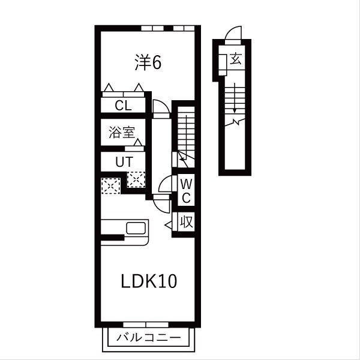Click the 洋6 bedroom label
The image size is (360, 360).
[x=148, y=62]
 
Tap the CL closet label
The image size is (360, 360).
[x=123, y=106]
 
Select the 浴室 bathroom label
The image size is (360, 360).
[x=122, y=133]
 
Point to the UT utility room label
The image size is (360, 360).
[x=124, y=162]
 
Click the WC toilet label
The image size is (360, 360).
[x=186, y=191]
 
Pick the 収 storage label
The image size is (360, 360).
[x=186, y=222]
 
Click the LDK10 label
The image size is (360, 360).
[x=149, y=281]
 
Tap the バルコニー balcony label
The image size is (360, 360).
[x=149, y=337]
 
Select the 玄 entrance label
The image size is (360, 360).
[x=236, y=58]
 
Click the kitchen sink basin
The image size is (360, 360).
[x=136, y=228]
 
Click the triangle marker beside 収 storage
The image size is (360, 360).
[x=169, y=225]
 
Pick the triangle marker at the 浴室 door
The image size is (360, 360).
[x=138, y=142]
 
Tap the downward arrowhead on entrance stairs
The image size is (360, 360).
[x=235, y=110]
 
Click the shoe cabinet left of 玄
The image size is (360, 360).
[x=223, y=65]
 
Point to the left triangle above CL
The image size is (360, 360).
[x=109, y=88]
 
